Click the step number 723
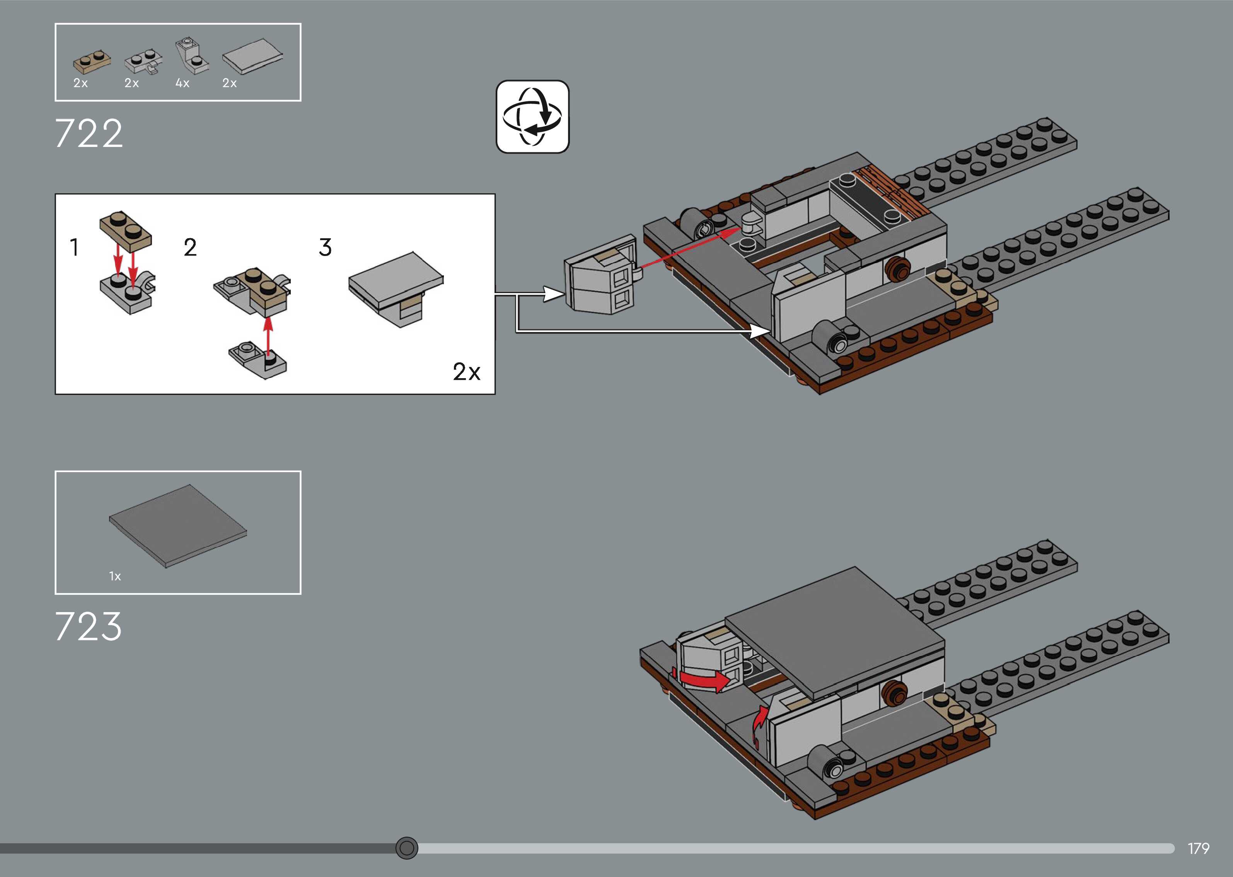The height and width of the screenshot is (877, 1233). point(89,626)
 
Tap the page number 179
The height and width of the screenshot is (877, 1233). point(1198,848)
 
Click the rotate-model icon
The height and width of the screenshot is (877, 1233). point(532,117)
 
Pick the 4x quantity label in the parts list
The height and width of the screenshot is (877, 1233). point(182,83)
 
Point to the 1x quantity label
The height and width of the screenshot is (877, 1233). point(115,576)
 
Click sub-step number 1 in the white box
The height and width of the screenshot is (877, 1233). point(75,247)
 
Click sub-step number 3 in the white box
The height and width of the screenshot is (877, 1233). point(325,247)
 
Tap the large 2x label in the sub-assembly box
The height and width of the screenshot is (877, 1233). point(466,372)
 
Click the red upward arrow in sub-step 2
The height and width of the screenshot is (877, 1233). point(268,338)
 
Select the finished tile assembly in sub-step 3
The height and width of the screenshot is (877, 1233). point(396,288)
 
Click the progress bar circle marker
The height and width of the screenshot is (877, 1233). point(406,848)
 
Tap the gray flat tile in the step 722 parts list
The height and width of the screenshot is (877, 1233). point(252,56)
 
